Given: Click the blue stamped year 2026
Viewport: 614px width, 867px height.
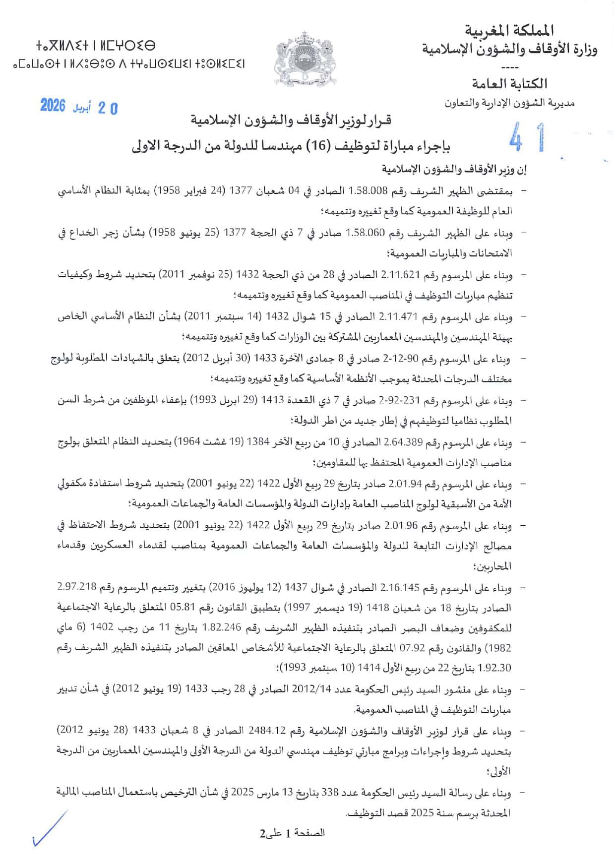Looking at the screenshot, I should pos(53,106).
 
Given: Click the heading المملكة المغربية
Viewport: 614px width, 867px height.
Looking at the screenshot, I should pos(509,31).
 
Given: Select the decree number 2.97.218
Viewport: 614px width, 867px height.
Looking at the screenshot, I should pos(76,588).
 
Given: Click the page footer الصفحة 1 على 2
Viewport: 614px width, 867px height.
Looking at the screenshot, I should pos(293,833).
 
